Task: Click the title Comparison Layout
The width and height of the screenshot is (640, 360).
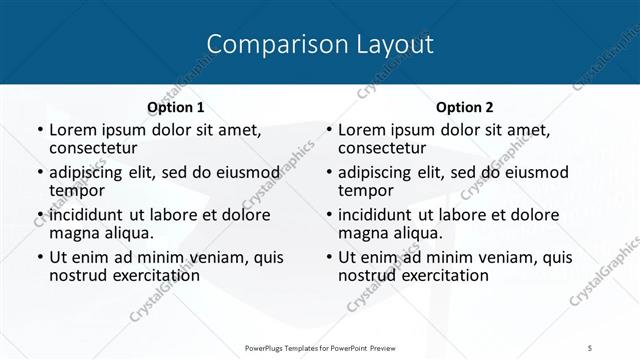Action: click(x=320, y=44)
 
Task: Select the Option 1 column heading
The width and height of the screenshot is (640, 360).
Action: click(x=176, y=107)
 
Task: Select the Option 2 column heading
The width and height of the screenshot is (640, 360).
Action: click(x=465, y=107)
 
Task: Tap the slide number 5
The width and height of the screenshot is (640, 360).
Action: click(x=590, y=347)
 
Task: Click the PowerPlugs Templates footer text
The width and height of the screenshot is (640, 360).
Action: click(x=319, y=347)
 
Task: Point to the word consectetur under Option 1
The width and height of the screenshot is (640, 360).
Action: click(x=93, y=148)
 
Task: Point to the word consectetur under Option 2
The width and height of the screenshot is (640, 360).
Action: click(x=382, y=148)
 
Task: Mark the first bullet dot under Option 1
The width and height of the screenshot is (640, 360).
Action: click(x=40, y=131)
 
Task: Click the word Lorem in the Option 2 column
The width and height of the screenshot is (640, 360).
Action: click(x=362, y=130)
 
